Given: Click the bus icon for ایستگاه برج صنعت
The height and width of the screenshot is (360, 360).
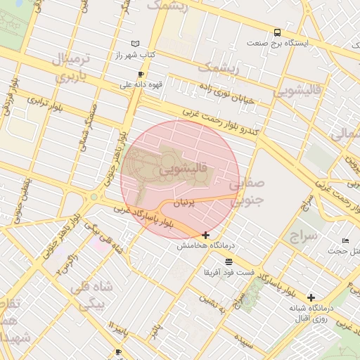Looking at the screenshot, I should point(278,32).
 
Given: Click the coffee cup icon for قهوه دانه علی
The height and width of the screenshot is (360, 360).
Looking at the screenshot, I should point(141,75).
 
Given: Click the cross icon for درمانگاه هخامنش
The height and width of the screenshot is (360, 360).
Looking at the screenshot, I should point(205,235).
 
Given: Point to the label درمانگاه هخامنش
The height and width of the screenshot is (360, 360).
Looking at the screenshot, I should point(205,245).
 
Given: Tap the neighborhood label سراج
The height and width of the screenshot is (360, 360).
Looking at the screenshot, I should point(302,236).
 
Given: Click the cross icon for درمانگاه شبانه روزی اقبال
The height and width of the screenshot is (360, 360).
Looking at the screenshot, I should point(311,298).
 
